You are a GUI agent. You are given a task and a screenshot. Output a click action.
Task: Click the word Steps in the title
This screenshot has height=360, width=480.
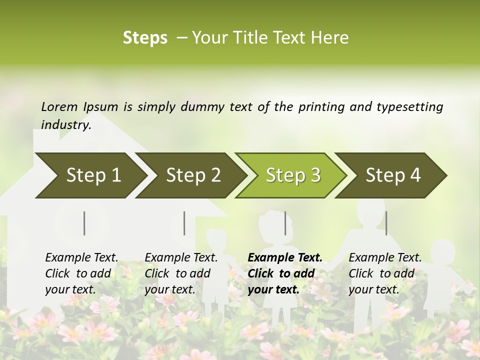[145, 38]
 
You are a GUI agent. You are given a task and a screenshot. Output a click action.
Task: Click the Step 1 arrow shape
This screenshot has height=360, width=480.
[90, 175]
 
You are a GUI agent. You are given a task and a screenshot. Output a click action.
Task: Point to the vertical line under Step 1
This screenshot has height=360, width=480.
[84, 223]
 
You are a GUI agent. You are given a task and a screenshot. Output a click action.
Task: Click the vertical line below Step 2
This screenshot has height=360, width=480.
[184, 223]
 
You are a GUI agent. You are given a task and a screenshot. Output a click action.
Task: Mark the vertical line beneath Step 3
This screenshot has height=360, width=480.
[285, 223]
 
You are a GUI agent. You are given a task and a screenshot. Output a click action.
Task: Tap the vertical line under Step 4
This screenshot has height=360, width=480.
[386, 223]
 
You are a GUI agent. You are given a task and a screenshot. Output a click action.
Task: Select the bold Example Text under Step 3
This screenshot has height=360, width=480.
[284, 273]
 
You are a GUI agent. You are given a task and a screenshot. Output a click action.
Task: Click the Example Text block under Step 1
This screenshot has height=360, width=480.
[81, 273]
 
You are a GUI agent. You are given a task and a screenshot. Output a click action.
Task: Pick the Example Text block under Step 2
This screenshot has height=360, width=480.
[181, 273]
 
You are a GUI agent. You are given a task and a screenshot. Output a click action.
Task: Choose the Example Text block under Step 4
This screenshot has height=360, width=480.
[384, 273]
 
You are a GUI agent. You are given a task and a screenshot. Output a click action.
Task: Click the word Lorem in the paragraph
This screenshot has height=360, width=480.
[59, 106]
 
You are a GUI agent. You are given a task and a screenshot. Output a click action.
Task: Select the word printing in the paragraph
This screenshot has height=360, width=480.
[318, 107]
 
